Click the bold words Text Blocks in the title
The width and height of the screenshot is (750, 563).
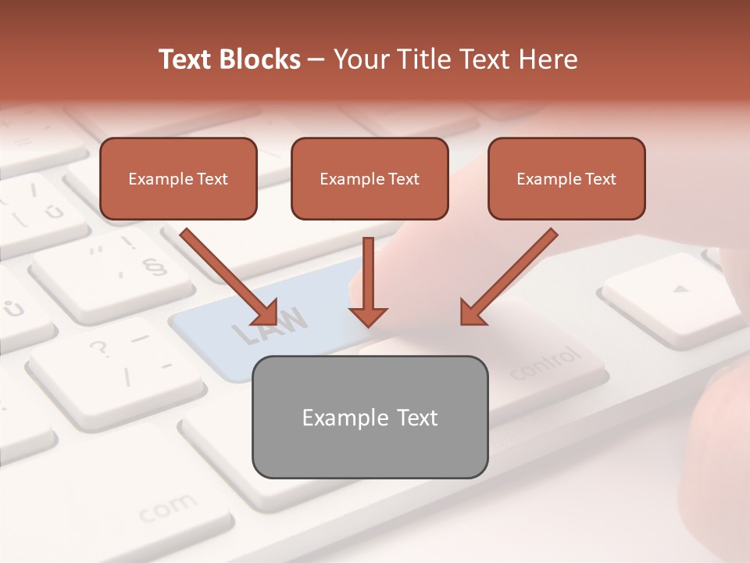[229, 59]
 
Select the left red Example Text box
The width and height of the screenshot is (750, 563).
[178, 179]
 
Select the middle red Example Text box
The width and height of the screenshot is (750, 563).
[370, 179]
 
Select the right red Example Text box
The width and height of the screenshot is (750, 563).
[566, 179]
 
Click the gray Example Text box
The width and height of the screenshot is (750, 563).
[370, 417]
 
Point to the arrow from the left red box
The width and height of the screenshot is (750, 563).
[229, 276]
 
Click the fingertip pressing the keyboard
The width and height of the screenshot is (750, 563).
[375, 274]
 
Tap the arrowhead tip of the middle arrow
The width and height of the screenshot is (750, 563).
[367, 324]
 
